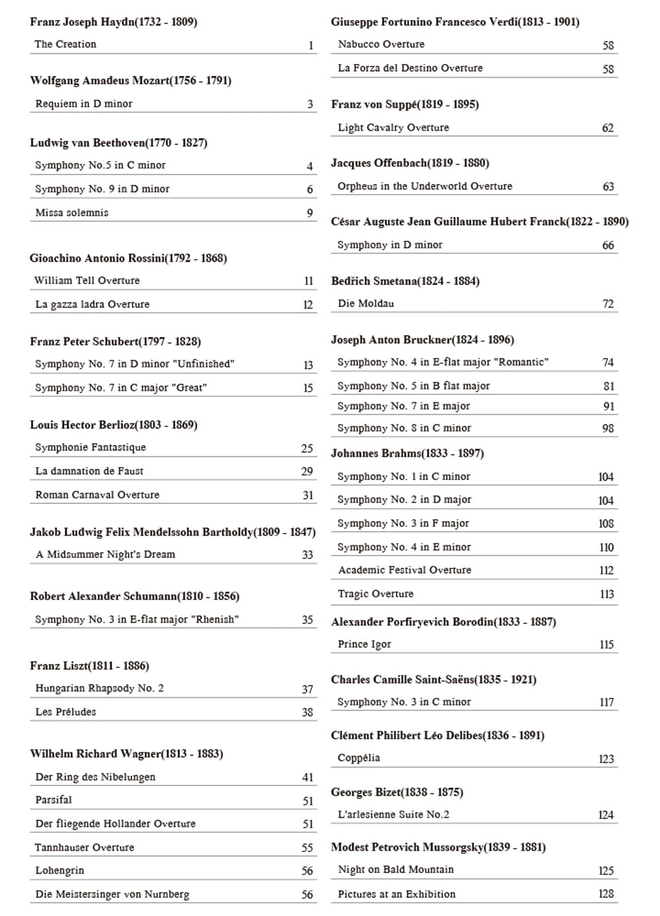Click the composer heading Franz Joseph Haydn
113,22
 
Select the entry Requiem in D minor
84,104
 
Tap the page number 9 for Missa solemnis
310,213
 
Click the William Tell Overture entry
87,280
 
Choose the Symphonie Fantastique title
90,447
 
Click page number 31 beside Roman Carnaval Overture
308,495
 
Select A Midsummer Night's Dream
106,555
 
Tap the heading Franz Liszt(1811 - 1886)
89,665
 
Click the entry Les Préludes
65,712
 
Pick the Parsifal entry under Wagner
53,800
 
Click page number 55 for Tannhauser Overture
307,847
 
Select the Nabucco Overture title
381,44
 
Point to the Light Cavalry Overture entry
393,127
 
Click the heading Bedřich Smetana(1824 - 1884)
405,281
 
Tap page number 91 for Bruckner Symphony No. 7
609,407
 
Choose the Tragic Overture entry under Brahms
376,594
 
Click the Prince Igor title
364,644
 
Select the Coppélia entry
358,758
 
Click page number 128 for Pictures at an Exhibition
606,894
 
